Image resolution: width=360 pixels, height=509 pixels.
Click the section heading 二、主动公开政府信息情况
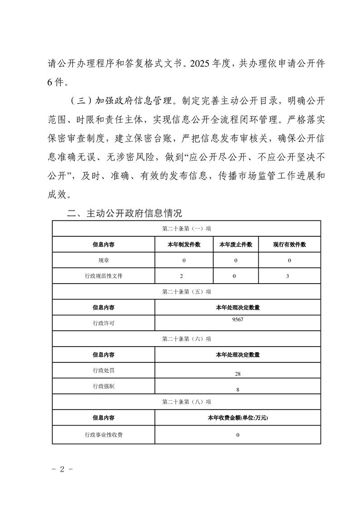coord(124,213)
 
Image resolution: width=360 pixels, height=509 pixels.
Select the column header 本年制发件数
coord(184,245)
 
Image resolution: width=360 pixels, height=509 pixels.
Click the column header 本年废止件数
coord(236,245)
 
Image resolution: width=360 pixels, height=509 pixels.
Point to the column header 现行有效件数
coord(289,245)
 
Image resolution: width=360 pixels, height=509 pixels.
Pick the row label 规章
coord(104,260)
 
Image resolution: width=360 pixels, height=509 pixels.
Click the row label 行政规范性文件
coord(104,276)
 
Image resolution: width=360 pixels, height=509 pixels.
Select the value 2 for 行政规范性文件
coord(184,276)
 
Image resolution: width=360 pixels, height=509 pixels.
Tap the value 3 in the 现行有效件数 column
coord(289,276)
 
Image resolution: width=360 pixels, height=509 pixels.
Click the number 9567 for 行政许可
coord(237,319)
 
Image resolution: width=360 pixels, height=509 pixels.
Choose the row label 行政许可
coord(104,323)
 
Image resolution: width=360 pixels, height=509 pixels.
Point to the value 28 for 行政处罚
coord(237,374)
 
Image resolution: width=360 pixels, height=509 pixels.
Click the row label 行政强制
coord(104,386)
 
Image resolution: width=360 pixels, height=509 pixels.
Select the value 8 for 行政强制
coord(237,390)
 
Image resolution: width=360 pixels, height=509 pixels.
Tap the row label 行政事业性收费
coord(104,435)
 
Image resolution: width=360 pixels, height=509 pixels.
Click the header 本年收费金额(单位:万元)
coord(237,418)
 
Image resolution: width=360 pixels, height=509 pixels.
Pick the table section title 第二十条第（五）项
coord(186,292)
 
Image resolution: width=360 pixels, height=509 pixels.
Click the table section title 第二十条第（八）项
coord(186,402)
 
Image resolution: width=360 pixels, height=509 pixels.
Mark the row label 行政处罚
coord(104,370)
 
